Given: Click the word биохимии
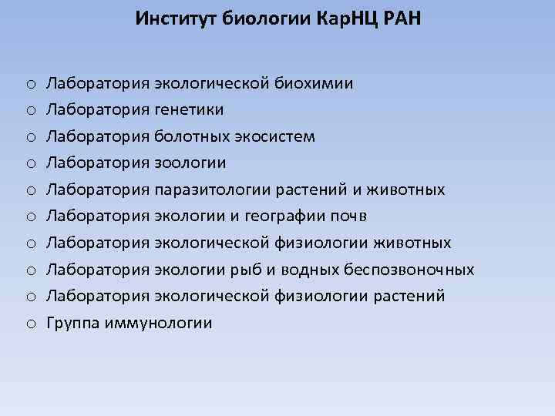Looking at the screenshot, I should pos(317,83).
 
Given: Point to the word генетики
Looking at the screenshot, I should pos(189,110).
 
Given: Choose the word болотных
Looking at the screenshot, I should pos(191,137).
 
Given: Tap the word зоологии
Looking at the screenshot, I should pos(190,163).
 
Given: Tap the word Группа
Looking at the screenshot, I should pos(72,324).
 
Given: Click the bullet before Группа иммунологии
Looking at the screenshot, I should pos(28,324).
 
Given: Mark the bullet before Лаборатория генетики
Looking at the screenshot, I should pos(28,111).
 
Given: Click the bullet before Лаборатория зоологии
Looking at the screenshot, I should pos(28,164).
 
